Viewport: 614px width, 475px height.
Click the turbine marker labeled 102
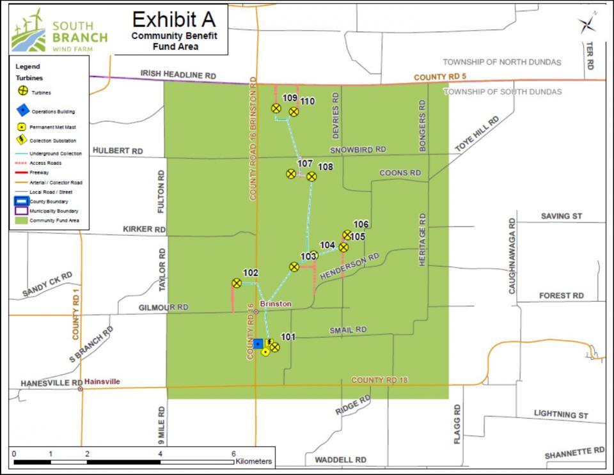pyautogui.click(x=237, y=283)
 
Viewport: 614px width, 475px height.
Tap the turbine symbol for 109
pyautogui.click(x=276, y=108)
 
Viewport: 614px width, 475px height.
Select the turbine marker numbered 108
pyautogui.click(x=311, y=176)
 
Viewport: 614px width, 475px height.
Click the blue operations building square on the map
pyautogui.click(x=258, y=343)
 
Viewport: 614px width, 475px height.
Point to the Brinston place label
pyautogui.click(x=276, y=304)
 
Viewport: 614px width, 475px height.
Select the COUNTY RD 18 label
pyautogui.click(x=380, y=380)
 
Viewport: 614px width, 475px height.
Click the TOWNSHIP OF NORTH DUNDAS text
pyautogui.click(x=502, y=62)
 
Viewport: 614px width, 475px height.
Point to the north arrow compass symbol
pyautogui.click(x=587, y=25)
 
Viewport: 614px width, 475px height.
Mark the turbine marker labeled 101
pyautogui.click(x=274, y=347)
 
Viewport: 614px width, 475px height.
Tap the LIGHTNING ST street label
pyautogui.click(x=561, y=414)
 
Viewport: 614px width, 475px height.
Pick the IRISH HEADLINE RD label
pyautogui.click(x=178, y=75)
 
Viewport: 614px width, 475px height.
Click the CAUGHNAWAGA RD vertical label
pyautogui.click(x=512, y=256)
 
